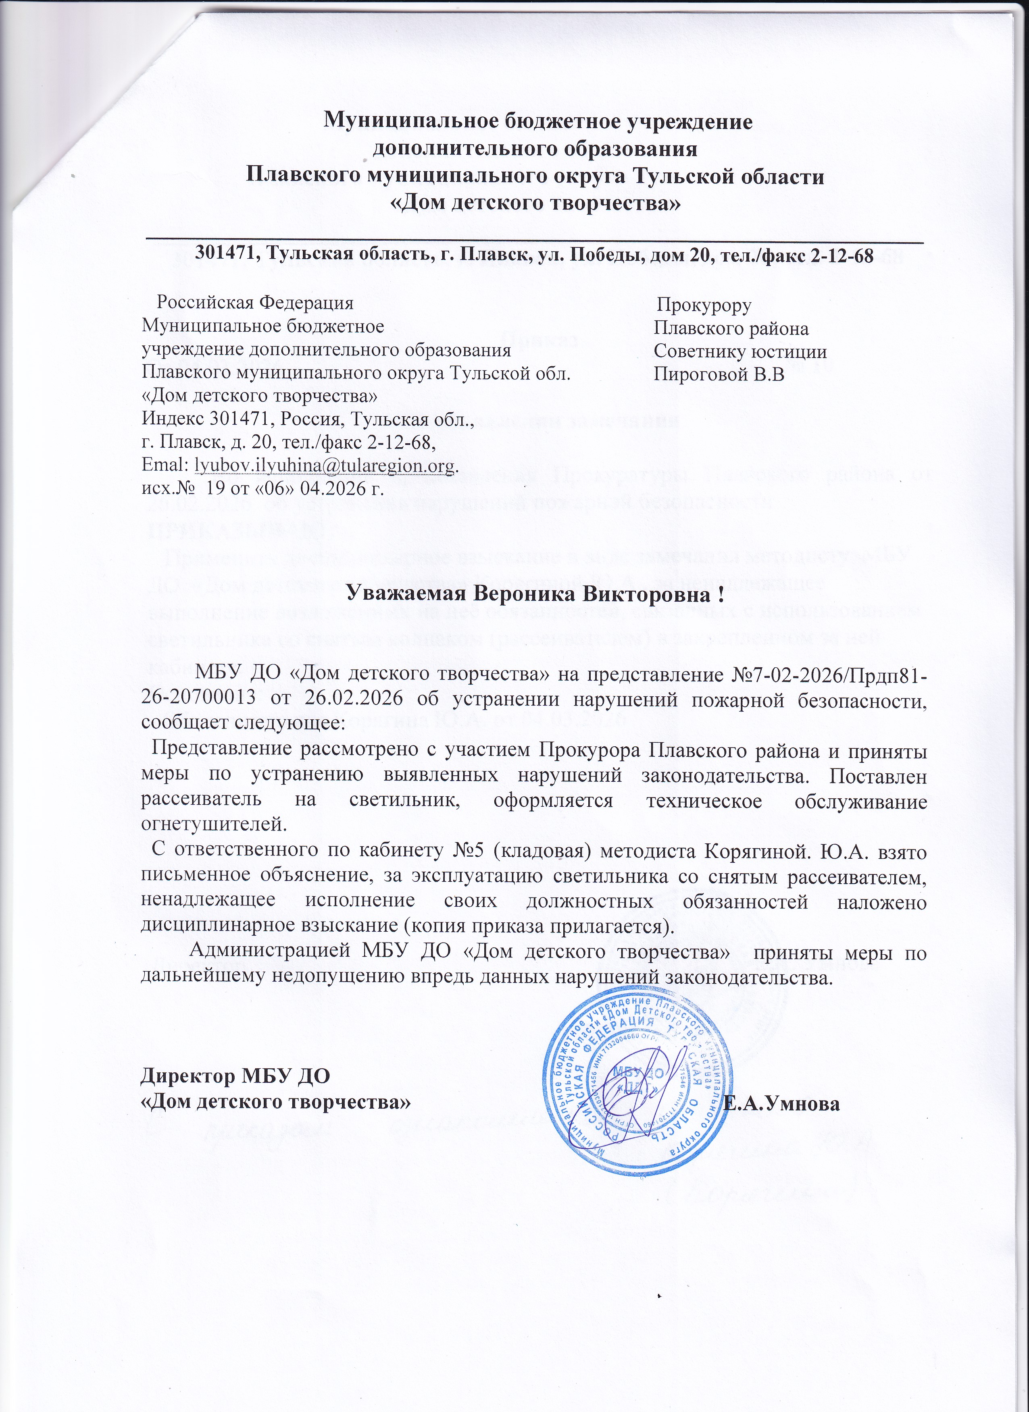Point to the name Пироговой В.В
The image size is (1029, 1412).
718,376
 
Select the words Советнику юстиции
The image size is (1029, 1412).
740,352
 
